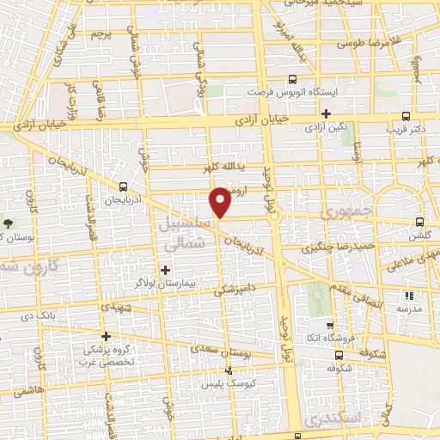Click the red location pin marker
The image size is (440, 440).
[220, 201]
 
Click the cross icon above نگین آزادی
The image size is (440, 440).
[326, 113]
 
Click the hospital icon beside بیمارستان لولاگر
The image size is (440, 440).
[166, 270]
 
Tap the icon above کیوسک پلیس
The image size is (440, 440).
[229, 371]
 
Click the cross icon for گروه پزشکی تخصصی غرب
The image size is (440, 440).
[106, 336]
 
